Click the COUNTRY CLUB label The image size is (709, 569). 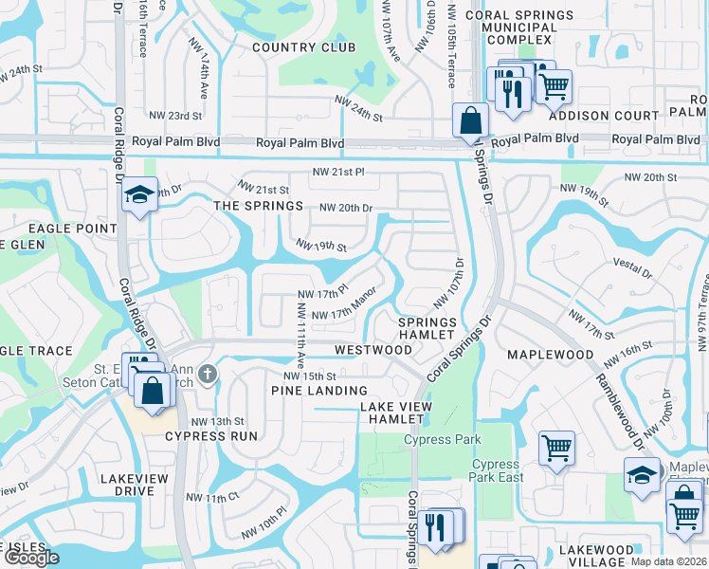click(303, 46)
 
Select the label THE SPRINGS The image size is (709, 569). click(258, 206)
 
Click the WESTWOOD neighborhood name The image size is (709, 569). click(373, 350)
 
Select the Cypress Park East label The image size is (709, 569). click(497, 471)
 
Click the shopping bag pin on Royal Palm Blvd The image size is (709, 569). click(470, 121)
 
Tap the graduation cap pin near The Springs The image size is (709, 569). click(139, 196)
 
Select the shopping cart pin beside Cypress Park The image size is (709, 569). click(556, 448)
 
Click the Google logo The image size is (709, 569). click(30, 558)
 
